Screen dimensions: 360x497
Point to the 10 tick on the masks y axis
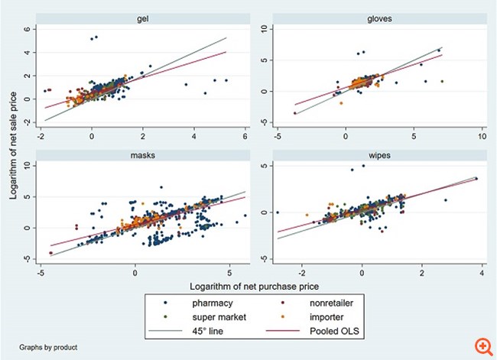[x=25, y=165]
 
